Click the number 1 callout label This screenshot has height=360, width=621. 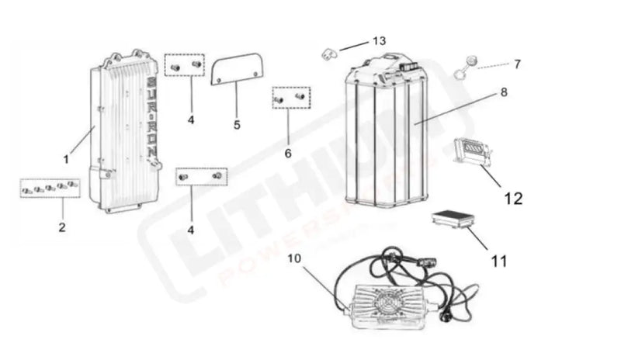coord(66,158)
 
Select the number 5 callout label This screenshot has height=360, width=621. coord(238,123)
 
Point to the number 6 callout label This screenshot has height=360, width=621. coord(288,153)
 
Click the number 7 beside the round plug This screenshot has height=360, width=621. coord(518,64)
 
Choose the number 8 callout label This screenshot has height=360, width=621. coord(504,92)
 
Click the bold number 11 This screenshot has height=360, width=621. coord(499,261)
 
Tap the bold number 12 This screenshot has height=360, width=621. coord(513,199)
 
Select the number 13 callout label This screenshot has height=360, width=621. coord(379,40)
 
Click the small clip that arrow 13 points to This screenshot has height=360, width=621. coord(329,54)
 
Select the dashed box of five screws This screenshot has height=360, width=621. coord(50,188)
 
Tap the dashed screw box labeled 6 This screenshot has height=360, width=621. coord(290,98)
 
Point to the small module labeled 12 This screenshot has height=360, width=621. coord(470,150)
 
